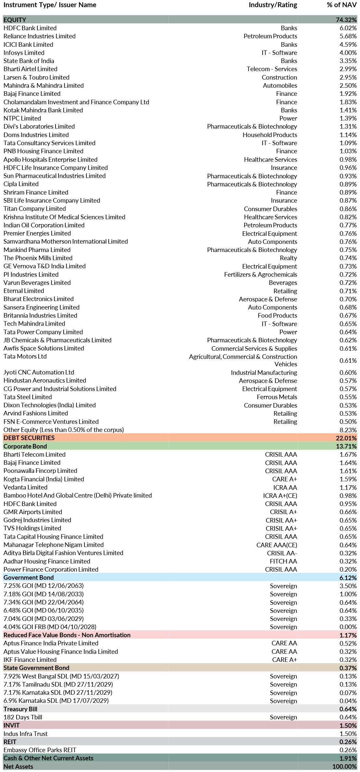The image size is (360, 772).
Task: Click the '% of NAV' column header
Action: click(x=341, y=5)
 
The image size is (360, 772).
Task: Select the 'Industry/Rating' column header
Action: click(x=273, y=5)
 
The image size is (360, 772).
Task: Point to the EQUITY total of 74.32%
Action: click(x=346, y=20)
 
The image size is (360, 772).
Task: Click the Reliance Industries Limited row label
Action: click(x=39, y=36)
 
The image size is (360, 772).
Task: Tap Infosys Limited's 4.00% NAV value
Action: click(x=348, y=53)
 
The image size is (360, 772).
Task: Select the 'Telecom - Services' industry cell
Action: click(x=272, y=69)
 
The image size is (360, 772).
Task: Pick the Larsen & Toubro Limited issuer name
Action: click(x=36, y=77)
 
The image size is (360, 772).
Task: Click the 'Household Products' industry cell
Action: click(x=270, y=135)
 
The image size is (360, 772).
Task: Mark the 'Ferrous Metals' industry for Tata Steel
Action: click(x=277, y=397)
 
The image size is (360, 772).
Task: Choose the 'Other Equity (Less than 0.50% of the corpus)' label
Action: click(x=64, y=430)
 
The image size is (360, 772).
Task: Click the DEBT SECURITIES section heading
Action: click(x=29, y=438)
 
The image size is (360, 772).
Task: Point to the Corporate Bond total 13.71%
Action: click(x=346, y=446)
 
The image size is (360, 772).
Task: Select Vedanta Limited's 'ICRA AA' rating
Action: click(x=285, y=487)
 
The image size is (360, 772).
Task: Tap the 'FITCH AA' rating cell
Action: click(x=283, y=561)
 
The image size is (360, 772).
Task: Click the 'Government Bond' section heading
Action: click(x=29, y=577)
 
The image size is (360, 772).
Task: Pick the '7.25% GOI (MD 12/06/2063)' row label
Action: click(x=44, y=586)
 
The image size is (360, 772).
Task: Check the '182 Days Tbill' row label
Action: click(x=23, y=717)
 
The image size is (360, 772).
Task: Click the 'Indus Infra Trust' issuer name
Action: click(x=25, y=734)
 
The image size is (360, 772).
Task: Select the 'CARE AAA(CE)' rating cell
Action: click(x=276, y=545)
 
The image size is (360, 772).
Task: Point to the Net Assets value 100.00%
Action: click(x=344, y=766)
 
